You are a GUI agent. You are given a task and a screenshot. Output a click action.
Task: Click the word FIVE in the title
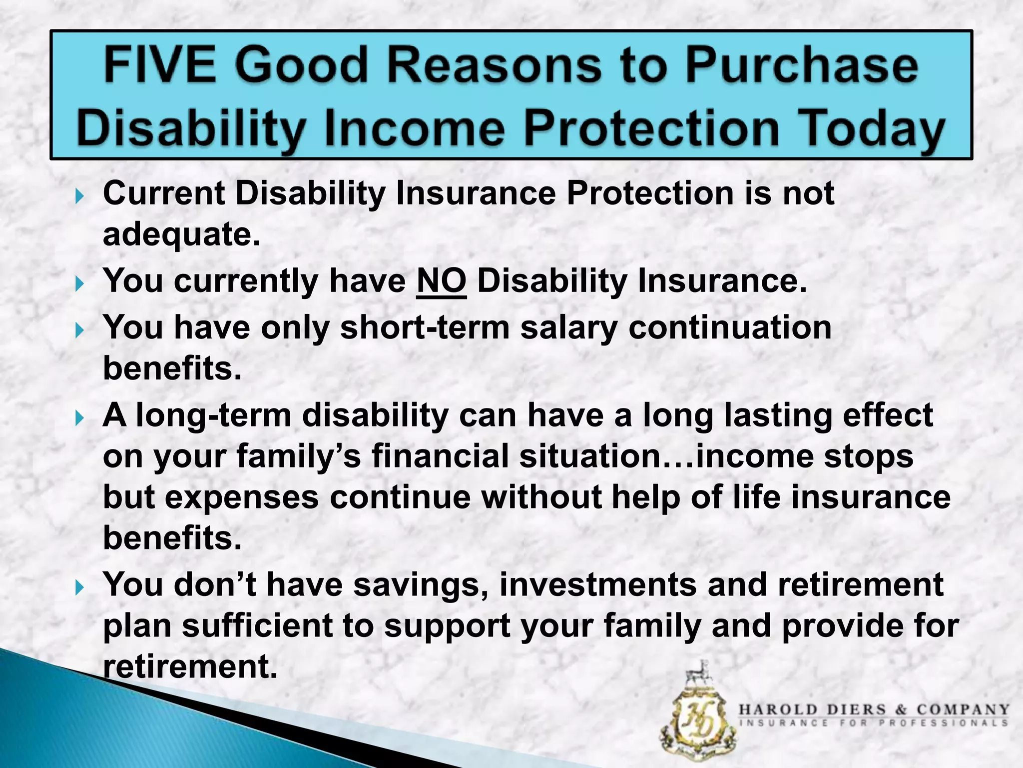(x=160, y=66)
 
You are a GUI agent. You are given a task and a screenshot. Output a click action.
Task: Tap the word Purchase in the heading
(x=801, y=66)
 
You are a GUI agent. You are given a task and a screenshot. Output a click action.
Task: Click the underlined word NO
(x=441, y=281)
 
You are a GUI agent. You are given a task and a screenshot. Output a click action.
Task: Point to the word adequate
(x=181, y=235)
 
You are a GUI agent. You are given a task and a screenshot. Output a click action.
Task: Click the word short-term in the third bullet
(x=424, y=328)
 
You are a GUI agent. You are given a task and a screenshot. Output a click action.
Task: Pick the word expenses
(x=242, y=498)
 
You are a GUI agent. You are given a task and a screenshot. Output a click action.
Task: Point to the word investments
(x=597, y=585)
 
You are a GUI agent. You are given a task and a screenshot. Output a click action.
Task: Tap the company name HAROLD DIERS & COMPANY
(x=874, y=710)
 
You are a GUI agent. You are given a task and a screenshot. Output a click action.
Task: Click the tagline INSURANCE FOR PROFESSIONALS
(x=874, y=723)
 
